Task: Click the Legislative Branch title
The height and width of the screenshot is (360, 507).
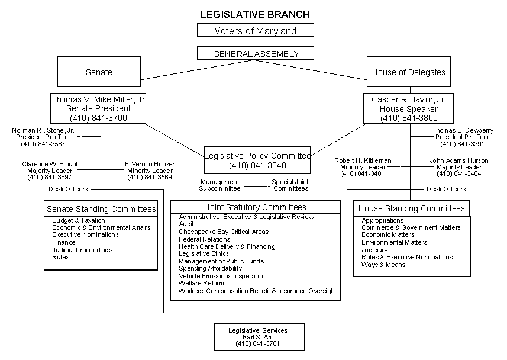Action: [255, 14]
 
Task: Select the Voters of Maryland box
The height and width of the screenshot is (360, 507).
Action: [255, 31]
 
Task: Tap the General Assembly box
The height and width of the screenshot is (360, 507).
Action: [256, 54]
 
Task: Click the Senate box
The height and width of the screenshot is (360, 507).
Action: [99, 72]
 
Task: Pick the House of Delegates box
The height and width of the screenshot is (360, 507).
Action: [408, 72]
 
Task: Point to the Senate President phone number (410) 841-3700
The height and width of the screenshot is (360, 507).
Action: [98, 118]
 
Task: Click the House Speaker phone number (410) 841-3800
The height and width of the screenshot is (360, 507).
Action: [409, 118]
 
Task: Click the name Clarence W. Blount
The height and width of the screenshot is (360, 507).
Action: [50, 164]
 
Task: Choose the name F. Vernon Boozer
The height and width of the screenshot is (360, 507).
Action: [149, 164]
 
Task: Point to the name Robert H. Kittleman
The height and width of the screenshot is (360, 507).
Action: [363, 160]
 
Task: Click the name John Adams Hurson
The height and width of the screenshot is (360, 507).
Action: [459, 160]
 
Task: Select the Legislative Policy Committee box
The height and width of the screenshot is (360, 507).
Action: [257, 160]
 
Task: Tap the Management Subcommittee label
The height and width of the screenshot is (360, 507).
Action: [219, 185]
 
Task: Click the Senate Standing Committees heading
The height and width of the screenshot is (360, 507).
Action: [101, 209]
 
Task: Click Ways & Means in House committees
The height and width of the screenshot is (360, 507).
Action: [383, 265]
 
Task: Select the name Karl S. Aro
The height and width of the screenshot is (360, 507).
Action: [258, 337]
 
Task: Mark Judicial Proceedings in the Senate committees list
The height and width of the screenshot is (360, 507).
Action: [82, 250]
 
